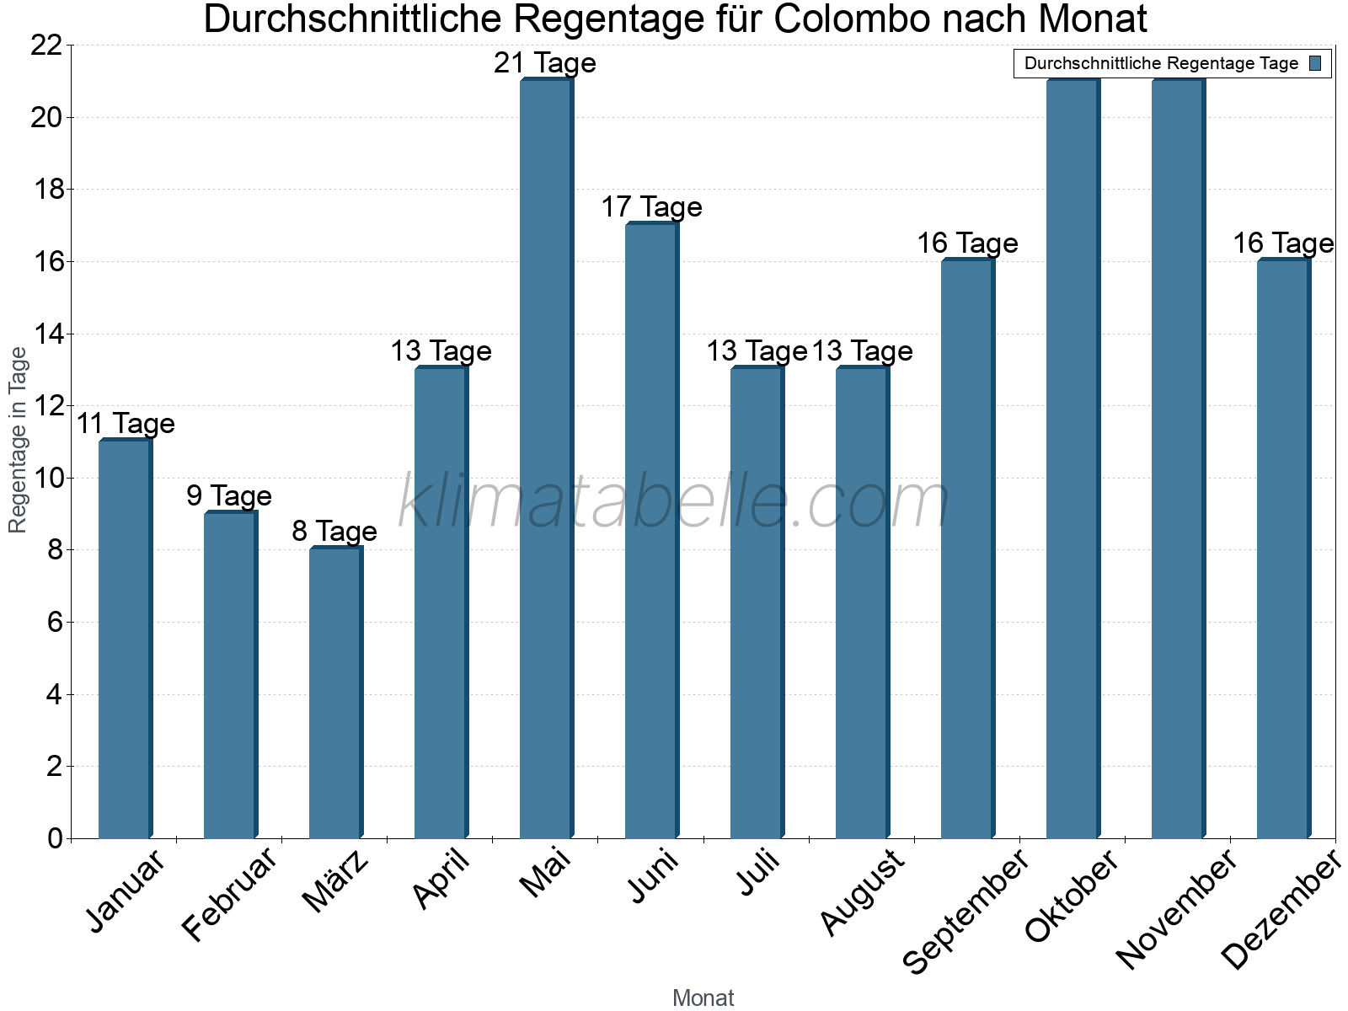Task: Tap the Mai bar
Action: pos(546,458)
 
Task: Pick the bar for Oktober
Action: pos(1073,458)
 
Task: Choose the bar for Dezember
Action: pos(1283,548)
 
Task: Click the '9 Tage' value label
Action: pos(229,495)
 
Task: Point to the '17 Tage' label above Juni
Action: pos(651,207)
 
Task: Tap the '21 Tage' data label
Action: pos(545,63)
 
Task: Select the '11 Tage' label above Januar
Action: pos(126,424)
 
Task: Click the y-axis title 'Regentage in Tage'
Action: pos(19,440)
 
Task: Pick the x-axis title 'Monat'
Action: pos(703,998)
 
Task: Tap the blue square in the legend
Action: pos(1316,63)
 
